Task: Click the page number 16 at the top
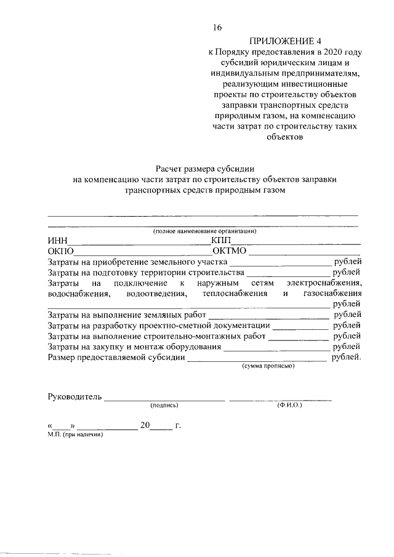point(217,28)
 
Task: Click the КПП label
point(220,241)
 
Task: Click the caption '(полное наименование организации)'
point(205,231)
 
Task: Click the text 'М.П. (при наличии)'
point(74,434)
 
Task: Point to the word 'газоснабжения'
point(332,294)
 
